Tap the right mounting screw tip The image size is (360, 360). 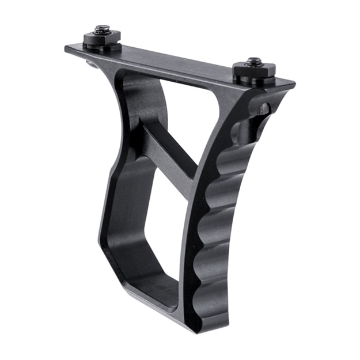(253, 60)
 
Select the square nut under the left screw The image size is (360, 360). (102, 39)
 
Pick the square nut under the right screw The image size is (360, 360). (254, 72)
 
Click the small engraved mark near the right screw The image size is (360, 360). (263, 108)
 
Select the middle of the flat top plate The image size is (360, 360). (173, 65)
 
